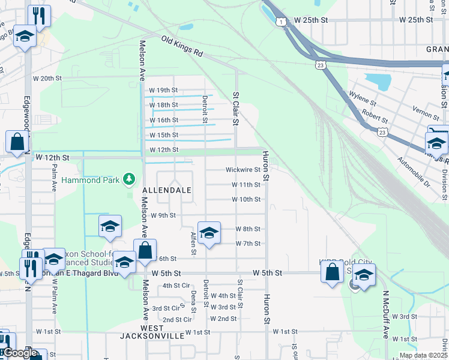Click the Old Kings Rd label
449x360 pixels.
[181, 46]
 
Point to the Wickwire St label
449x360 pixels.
[243, 170]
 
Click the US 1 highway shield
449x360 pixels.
[281, 22]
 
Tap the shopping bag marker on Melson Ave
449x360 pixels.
[145, 251]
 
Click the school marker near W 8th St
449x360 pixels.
[209, 233]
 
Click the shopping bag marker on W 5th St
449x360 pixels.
[332, 272]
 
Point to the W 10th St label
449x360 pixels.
[247, 199]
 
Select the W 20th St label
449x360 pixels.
[47, 79]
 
